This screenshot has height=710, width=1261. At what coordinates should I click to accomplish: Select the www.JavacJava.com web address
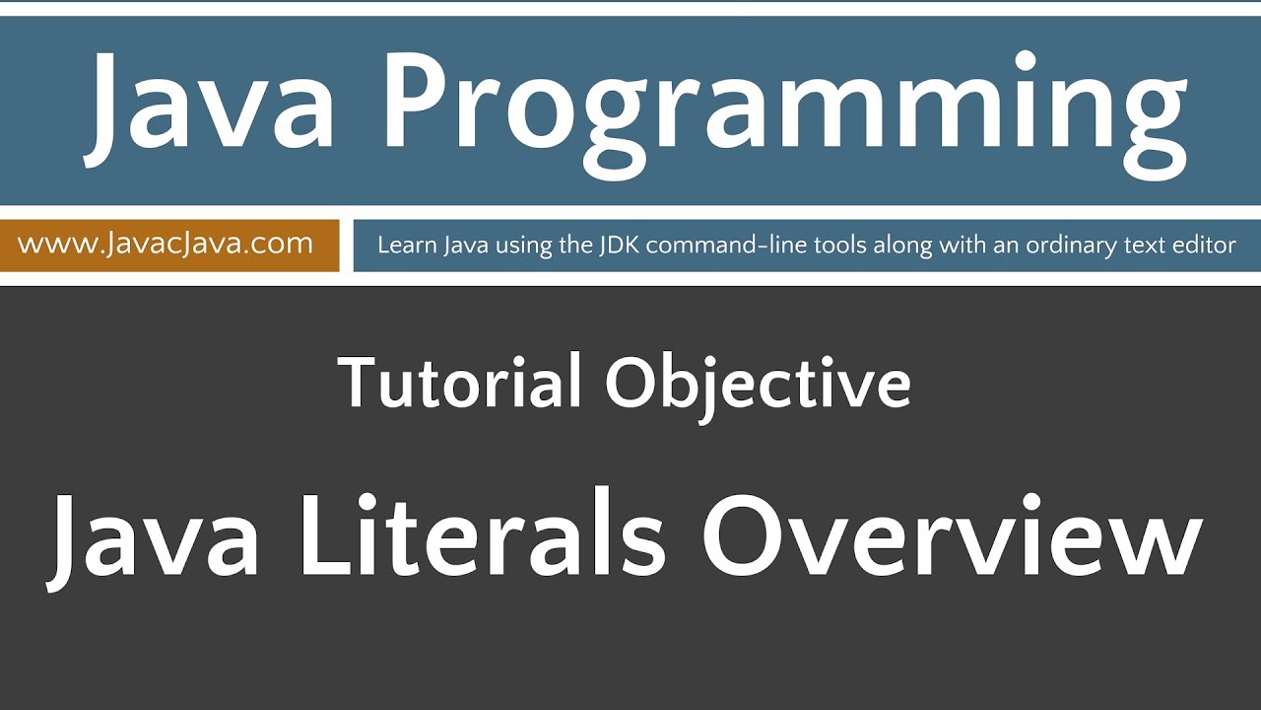point(166,244)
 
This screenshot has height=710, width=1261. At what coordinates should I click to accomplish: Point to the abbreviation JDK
point(620,245)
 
